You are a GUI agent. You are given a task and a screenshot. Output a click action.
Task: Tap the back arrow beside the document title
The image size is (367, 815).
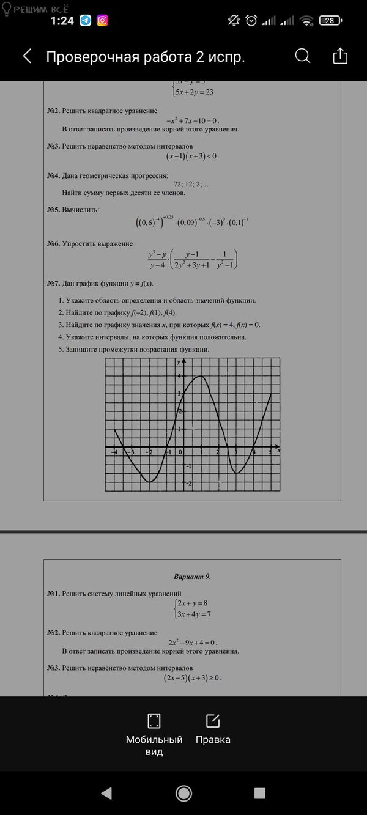(x=27, y=57)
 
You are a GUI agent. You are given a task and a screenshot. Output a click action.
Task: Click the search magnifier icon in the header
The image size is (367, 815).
(x=302, y=56)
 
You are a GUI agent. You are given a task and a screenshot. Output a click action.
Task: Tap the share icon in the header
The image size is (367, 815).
(x=339, y=56)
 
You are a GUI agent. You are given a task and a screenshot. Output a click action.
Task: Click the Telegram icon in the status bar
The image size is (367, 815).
(x=86, y=21)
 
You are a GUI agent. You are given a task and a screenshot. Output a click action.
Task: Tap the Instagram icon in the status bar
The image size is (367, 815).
(x=103, y=21)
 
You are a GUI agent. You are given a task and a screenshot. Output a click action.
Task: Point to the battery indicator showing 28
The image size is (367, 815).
(x=330, y=21)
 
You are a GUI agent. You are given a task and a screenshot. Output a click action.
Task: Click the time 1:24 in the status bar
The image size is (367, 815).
(x=62, y=21)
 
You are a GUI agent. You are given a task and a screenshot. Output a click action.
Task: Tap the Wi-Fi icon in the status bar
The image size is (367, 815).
(x=306, y=21)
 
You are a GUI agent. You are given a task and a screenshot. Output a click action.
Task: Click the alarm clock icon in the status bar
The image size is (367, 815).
(x=251, y=21)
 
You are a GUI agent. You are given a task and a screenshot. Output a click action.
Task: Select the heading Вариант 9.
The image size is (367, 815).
(x=192, y=577)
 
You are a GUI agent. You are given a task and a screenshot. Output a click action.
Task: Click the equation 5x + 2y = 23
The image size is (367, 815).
(x=194, y=92)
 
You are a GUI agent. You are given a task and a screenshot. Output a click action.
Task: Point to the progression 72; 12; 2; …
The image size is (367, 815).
(x=192, y=184)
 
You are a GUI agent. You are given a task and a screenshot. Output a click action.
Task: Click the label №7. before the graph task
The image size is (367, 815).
(x=53, y=284)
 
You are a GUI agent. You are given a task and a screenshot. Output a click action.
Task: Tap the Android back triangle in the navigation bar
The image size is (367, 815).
(x=106, y=793)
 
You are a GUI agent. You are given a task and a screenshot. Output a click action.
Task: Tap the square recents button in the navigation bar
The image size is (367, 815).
(x=260, y=793)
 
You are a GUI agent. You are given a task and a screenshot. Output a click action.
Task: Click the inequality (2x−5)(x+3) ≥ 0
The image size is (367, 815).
(x=192, y=678)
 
